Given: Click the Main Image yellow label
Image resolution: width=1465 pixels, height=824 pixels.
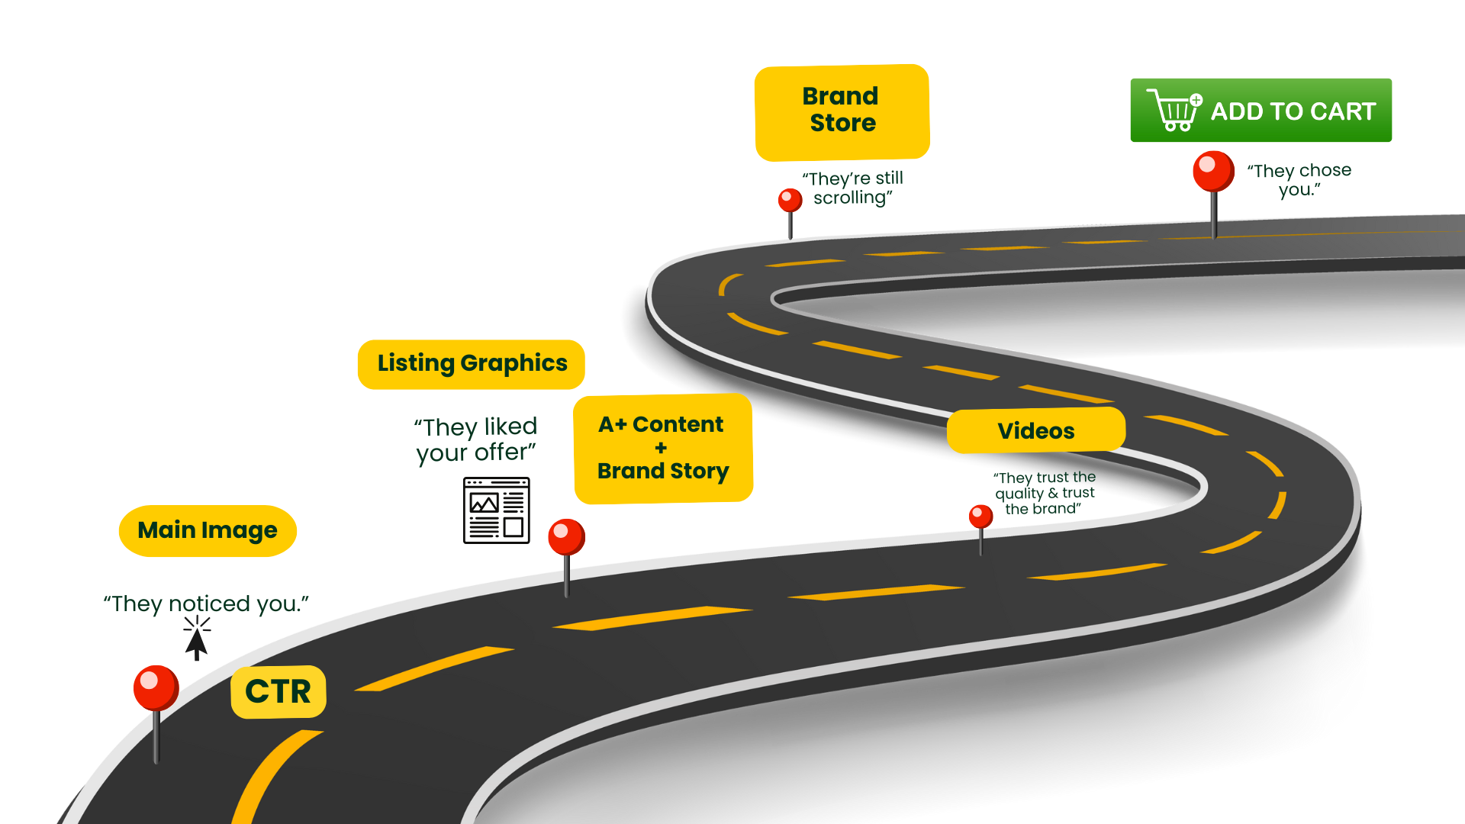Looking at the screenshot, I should (x=208, y=531).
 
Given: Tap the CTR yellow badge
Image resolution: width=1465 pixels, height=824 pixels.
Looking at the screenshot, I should (x=279, y=692).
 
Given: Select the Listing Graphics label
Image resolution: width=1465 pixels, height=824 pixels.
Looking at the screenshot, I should (x=472, y=364).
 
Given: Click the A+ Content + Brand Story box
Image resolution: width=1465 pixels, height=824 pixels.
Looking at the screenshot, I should (x=663, y=448).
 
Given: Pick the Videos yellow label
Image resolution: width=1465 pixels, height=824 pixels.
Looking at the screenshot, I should (x=1035, y=430).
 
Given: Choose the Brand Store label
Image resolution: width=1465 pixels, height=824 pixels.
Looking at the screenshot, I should (x=842, y=111).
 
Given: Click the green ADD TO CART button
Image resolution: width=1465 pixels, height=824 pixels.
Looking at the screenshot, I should (x=1261, y=111).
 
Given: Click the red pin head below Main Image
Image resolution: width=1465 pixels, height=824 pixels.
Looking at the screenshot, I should (x=156, y=687).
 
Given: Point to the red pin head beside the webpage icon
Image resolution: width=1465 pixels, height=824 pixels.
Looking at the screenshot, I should (x=566, y=536).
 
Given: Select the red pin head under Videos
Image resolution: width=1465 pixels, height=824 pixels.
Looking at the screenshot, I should (x=980, y=517).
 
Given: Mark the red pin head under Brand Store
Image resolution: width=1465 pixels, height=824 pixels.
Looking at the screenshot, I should (x=790, y=200).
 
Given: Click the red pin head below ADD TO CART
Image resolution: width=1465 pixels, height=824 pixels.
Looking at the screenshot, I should (x=1213, y=170).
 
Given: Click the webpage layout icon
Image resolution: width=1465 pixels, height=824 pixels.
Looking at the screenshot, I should (x=496, y=510).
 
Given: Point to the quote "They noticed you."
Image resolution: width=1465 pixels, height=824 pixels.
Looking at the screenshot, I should (x=206, y=604).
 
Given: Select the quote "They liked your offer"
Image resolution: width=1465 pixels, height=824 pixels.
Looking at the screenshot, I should (x=476, y=439).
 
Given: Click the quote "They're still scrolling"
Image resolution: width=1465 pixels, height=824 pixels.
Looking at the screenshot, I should (x=853, y=188).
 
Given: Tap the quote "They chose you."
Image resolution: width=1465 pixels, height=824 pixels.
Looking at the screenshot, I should (x=1299, y=180).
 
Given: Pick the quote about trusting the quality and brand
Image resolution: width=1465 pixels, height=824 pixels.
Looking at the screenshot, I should (x=1045, y=493).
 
